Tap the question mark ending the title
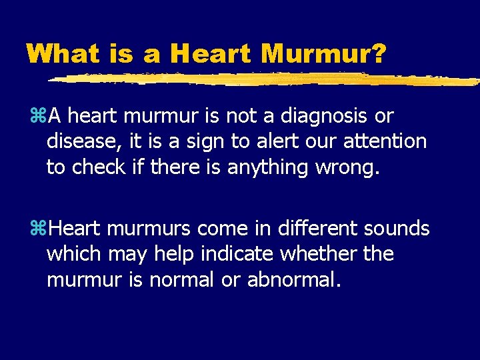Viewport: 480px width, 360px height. (377, 53)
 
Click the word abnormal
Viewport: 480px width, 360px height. (293, 280)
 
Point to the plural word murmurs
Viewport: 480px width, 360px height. (141, 229)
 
